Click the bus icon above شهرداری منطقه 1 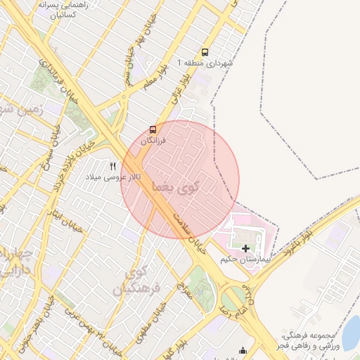coord(205,52)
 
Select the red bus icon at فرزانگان coord(153,129)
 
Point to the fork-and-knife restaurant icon coord(112,166)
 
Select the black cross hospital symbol coord(245,248)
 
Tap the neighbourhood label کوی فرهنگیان coord(143,280)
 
